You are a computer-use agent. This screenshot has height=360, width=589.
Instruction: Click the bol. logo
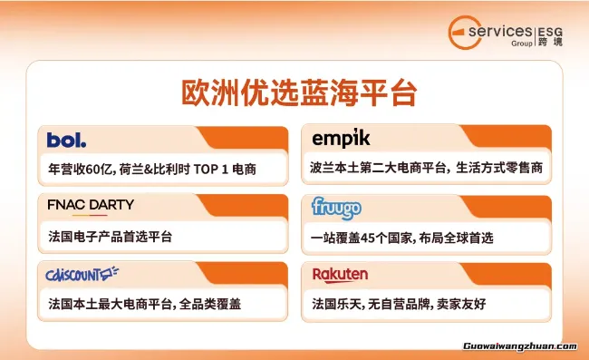(67, 140)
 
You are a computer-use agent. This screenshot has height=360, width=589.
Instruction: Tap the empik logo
(341, 139)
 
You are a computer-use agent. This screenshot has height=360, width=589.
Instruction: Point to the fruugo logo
(336, 209)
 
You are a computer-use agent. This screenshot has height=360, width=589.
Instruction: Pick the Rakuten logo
(340, 274)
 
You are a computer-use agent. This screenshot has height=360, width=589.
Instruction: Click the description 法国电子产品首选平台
(110, 237)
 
